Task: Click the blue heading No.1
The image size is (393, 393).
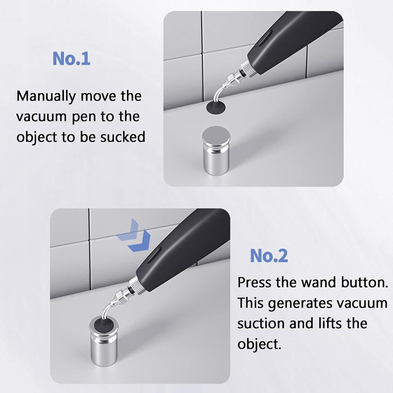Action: [x=72, y=59]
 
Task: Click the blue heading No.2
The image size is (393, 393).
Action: [x=269, y=256]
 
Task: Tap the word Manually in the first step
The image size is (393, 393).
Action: [x=46, y=97]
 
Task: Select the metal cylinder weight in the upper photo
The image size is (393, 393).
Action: [x=216, y=151]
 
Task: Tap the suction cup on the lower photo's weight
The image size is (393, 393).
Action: [x=103, y=325]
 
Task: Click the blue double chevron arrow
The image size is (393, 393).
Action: [x=134, y=235]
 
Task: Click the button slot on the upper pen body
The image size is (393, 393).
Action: [x=265, y=38]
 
